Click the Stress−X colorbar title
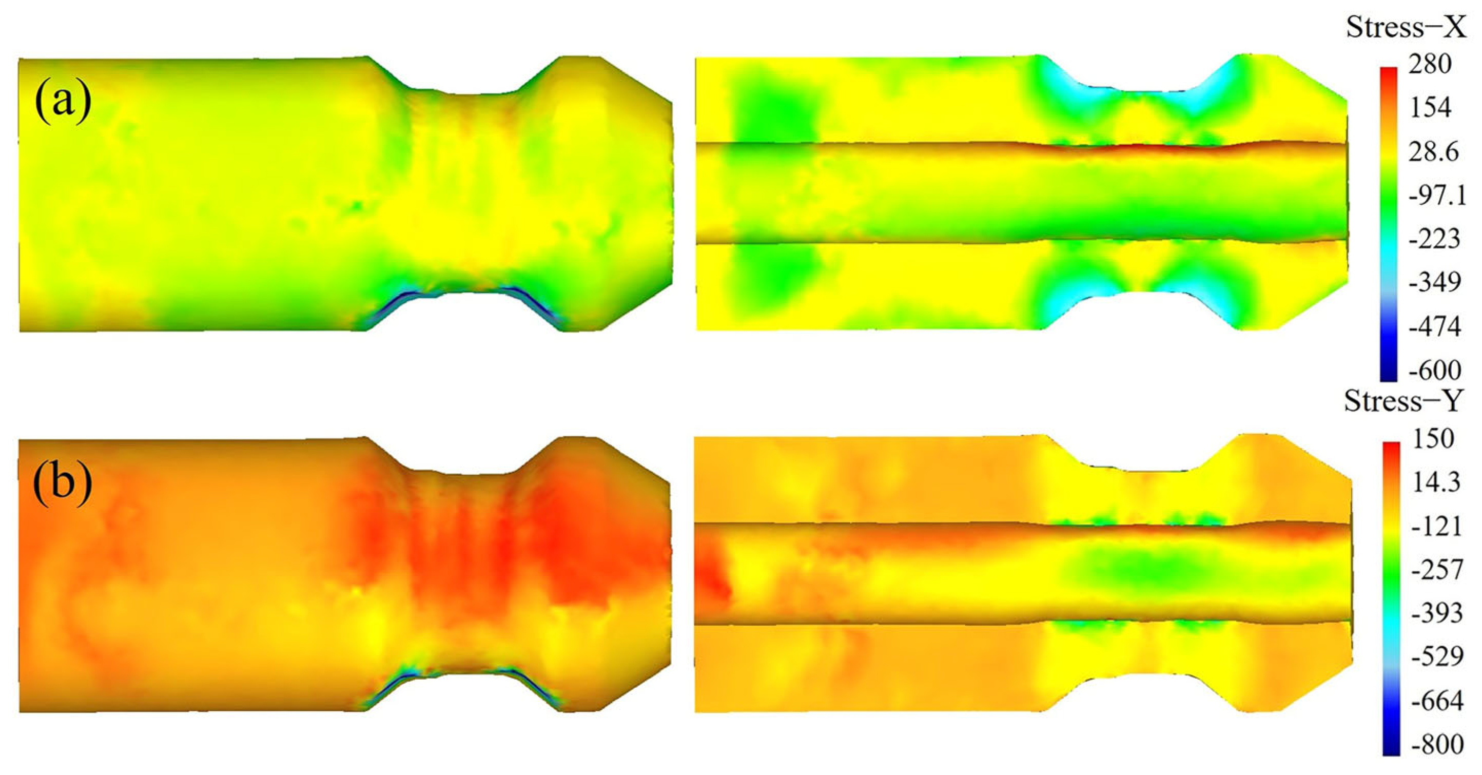pyautogui.click(x=1406, y=28)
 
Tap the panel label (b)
pyautogui.click(x=63, y=482)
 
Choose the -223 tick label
pyautogui.click(x=1434, y=239)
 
